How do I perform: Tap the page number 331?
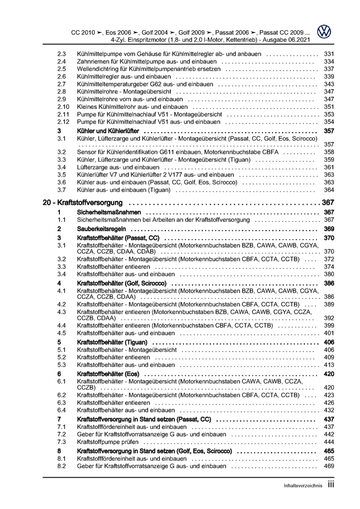pyautogui.click(x=328, y=54)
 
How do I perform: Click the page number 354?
pyautogui.click(x=328, y=121)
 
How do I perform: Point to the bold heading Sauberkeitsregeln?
pyautogui.click(x=102, y=229)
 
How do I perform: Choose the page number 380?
pyautogui.click(x=328, y=274)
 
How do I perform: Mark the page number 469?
pyautogui.click(x=328, y=466)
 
